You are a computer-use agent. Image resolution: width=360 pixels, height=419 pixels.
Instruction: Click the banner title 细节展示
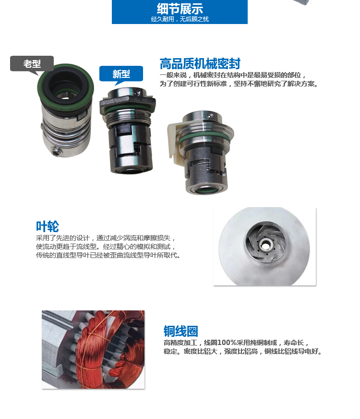click(180, 9)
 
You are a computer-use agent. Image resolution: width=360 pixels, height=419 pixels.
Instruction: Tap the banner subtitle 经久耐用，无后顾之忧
click(180, 19)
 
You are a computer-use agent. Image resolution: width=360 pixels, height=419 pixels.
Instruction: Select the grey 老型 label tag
click(32, 63)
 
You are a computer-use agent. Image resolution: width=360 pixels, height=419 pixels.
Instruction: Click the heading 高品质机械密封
click(200, 63)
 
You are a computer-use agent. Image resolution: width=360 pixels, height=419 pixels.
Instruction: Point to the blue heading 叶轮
click(47, 226)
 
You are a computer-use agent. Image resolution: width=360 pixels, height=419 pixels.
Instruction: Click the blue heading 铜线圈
click(180, 331)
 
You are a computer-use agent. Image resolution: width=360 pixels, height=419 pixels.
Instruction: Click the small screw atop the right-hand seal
click(210, 116)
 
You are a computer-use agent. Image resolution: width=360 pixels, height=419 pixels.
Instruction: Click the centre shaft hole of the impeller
click(265, 244)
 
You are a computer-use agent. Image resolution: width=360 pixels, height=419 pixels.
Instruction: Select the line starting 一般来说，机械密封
click(233, 75)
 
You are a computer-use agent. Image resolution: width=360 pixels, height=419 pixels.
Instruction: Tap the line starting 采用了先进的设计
click(106, 238)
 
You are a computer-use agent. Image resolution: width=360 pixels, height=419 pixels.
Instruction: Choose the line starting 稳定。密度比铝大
click(243, 351)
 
